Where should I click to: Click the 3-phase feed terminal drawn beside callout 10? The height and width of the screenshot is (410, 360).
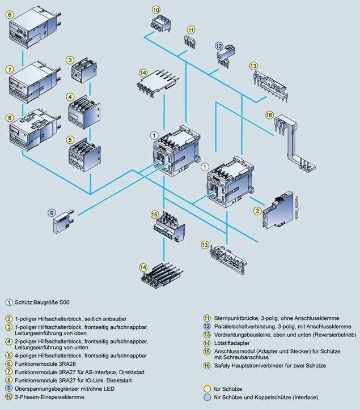[x=161, y=24]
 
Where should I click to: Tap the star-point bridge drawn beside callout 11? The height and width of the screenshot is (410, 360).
[x=190, y=42]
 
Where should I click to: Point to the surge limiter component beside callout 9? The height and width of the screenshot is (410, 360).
[x=63, y=222]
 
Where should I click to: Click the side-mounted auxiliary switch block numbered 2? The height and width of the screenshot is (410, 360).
[x=278, y=211]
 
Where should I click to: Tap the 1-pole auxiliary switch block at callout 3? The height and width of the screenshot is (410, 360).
[x=84, y=70]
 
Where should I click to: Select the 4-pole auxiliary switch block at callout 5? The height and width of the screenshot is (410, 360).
[x=84, y=155]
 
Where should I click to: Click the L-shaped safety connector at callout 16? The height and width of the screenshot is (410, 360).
[x=293, y=143]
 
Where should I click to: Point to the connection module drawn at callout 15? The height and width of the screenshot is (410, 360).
[x=169, y=227]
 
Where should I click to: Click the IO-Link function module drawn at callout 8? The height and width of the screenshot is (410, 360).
[x=35, y=130]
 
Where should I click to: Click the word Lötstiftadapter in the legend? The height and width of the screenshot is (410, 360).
[x=232, y=343]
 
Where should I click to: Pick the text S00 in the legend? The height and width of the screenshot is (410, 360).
[x=65, y=302]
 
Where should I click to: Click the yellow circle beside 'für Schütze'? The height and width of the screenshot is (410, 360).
[x=207, y=389]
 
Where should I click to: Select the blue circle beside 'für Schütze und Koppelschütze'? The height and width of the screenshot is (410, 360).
[x=207, y=397]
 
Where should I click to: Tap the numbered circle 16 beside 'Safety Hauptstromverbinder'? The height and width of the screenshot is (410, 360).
[x=207, y=366]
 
